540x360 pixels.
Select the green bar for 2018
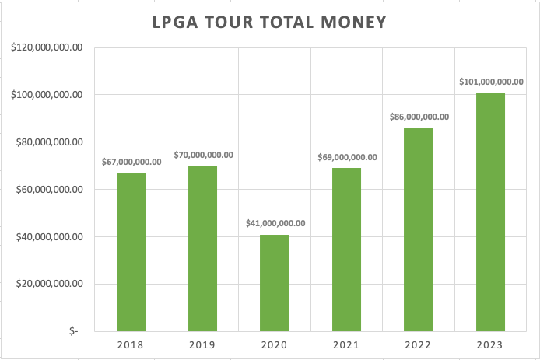(x=131, y=252)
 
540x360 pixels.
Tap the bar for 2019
(x=202, y=248)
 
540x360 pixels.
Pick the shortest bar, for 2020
(x=275, y=282)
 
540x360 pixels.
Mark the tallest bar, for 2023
(x=490, y=211)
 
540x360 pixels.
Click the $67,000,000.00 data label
(x=131, y=162)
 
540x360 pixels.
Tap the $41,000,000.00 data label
(x=275, y=223)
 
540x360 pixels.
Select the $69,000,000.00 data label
(x=347, y=157)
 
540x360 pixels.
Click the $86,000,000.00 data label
(x=419, y=117)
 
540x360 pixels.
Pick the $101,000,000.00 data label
(x=490, y=81)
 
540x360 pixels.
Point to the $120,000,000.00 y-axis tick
(x=46, y=47)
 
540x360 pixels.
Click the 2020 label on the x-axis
(x=275, y=344)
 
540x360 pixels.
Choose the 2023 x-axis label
(x=490, y=344)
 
